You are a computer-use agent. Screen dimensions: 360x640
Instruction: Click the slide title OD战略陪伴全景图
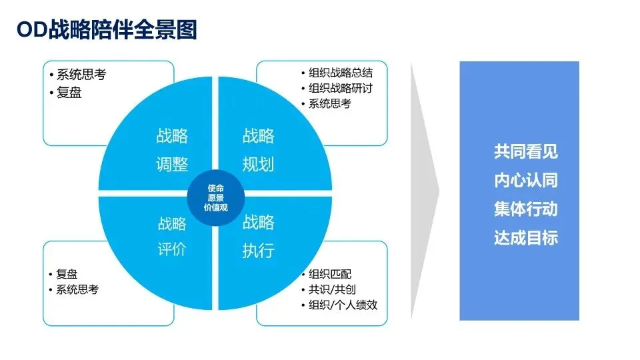pos(107,30)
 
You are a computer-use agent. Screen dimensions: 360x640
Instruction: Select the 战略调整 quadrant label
pos(172,150)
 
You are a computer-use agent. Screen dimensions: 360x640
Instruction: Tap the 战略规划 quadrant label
pos(258,150)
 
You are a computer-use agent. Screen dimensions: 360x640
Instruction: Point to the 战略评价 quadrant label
pos(172,236)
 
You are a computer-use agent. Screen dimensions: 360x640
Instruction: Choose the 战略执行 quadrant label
pos(258,236)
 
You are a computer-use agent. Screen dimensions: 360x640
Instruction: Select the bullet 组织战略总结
pos(340,73)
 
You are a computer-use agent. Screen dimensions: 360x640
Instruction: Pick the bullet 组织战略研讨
pos(340,89)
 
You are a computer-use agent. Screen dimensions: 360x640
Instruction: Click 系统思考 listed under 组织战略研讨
pos(329,104)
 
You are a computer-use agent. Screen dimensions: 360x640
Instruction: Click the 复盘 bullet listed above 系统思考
pos(67,274)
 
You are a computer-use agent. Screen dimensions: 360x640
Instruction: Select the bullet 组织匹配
pos(329,274)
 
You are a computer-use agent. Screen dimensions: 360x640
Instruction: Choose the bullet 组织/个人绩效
pos(343,305)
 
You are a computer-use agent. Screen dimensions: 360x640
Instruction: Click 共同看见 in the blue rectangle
pos(525,152)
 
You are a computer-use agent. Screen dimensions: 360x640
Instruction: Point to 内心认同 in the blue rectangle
pos(525,181)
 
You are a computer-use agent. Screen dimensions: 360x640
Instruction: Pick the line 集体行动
pos(525,209)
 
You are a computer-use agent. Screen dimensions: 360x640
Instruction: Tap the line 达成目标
pos(525,238)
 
